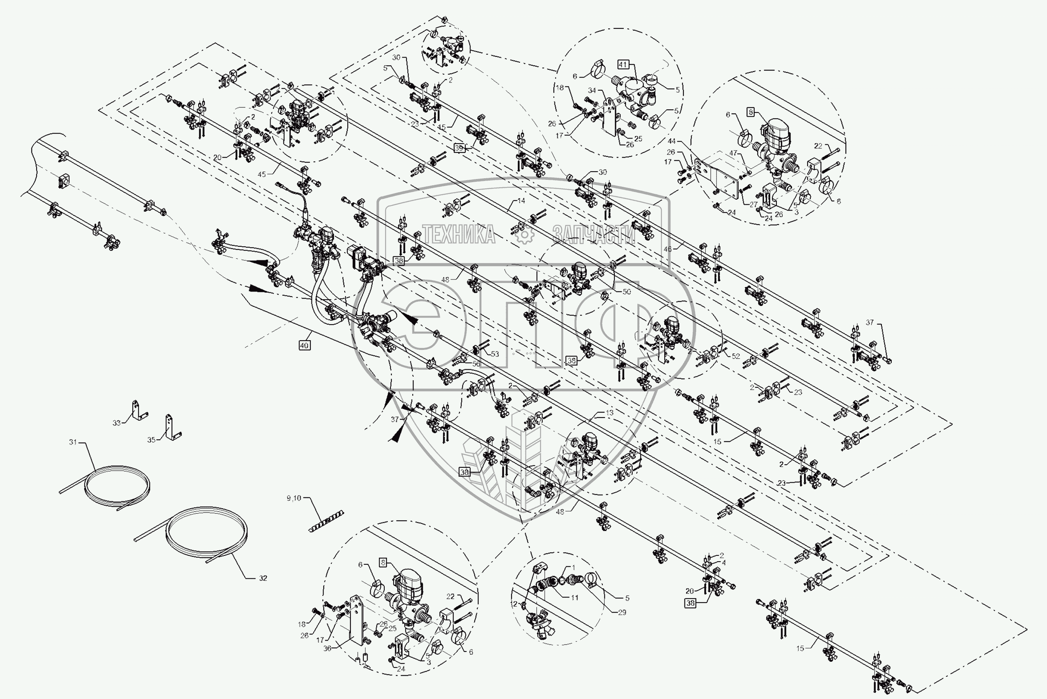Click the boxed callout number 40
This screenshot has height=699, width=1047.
tap(304, 345)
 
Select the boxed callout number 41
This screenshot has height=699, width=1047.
tap(623, 65)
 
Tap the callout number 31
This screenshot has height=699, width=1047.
tap(73, 442)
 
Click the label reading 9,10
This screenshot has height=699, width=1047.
tap(294, 498)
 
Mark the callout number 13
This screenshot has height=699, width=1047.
tap(610, 413)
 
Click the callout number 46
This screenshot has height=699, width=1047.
tap(667, 249)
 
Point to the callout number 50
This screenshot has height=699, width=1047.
tap(626, 292)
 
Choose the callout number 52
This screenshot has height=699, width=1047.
tap(736, 356)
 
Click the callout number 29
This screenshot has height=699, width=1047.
tap(622, 612)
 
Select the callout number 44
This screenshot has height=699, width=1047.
tap(672, 141)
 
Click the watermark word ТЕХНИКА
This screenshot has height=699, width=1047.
tap(458, 234)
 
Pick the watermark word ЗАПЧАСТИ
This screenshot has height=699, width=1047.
tap(595, 234)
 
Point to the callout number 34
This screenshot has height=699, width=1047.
tap(592, 90)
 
